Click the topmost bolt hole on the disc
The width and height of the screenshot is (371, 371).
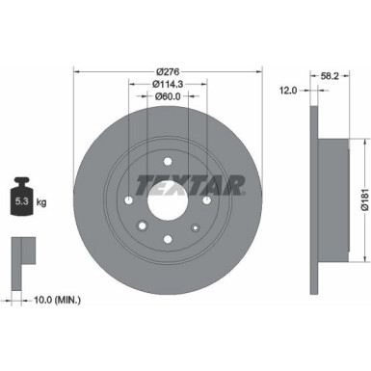tap(168, 160)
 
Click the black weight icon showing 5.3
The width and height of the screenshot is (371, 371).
tap(22, 200)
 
